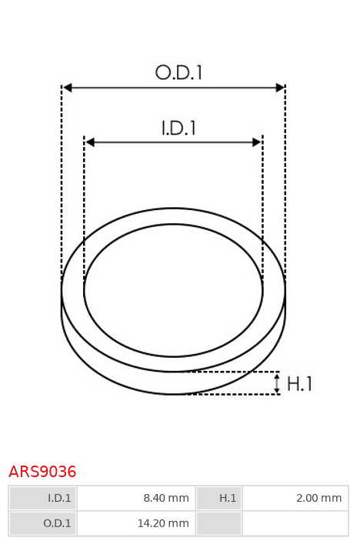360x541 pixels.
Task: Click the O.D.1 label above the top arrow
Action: pos(178,73)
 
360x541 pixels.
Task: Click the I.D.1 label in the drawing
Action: pos(178,128)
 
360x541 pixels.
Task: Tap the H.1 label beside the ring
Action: pos(299,384)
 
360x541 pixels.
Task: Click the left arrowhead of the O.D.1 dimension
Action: pos(67,88)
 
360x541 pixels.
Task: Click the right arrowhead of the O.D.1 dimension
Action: pos(280,88)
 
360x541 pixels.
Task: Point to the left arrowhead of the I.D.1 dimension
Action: pos(90,142)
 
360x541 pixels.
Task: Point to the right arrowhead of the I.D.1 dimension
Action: pos(257,142)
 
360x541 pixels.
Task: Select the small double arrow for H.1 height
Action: pos(277,383)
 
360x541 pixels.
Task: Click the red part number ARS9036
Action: pos(42,472)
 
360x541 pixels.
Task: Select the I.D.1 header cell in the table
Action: pos(43,498)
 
